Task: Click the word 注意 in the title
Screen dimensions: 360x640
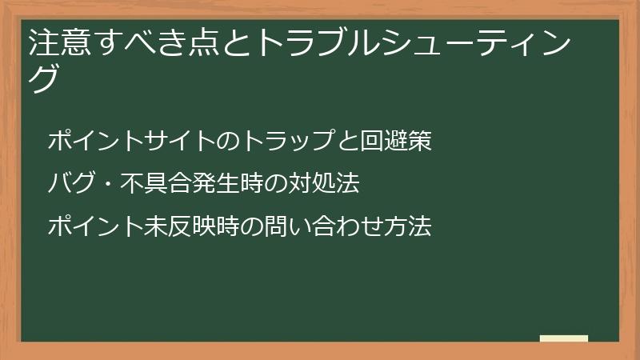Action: tap(56, 42)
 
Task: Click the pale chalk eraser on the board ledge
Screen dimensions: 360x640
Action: tap(563, 338)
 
